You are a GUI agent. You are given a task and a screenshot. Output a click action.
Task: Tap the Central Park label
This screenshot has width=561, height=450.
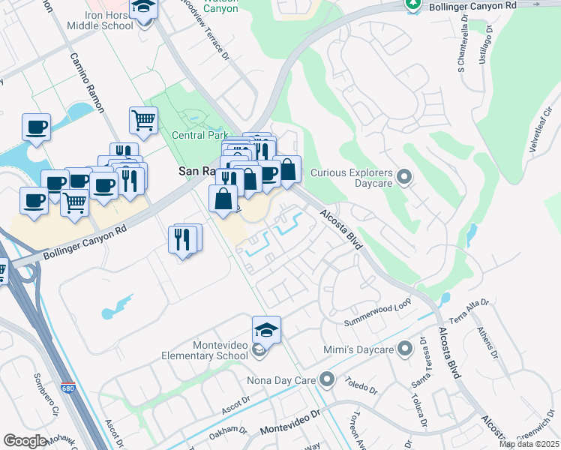[199, 136]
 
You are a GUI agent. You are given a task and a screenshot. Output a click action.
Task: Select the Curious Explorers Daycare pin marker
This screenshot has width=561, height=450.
[405, 178]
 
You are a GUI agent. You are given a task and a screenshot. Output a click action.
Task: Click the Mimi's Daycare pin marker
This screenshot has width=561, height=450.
[405, 349]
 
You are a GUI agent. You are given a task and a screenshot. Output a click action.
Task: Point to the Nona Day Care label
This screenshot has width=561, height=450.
[281, 380]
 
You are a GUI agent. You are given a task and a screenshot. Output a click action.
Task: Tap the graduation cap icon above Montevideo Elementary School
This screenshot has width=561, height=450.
[266, 329]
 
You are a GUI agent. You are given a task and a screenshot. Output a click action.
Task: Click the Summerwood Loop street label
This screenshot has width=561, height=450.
[378, 314]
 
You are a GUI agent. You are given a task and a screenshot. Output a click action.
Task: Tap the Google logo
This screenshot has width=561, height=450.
[25, 441]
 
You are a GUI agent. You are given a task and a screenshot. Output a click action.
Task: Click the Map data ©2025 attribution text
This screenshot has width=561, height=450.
[529, 444]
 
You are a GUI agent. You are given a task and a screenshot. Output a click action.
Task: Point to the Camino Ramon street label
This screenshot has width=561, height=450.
[87, 82]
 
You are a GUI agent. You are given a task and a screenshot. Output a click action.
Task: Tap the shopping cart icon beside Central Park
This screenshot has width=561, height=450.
[143, 120]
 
